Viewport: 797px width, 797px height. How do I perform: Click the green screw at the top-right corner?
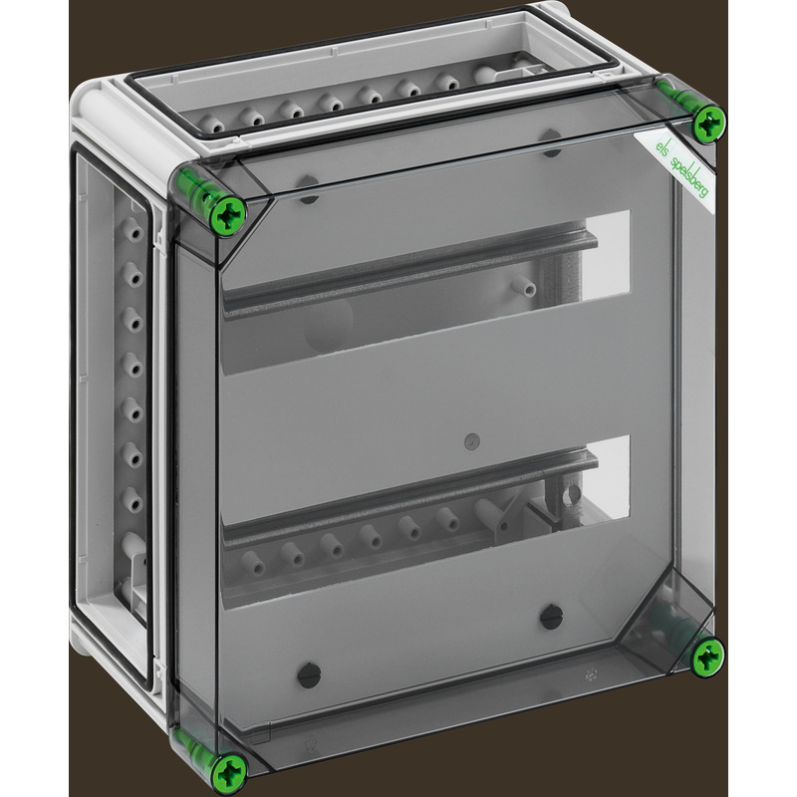710,125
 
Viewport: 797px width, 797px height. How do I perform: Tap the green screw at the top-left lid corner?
228,216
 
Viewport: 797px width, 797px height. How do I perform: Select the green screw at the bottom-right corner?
708,658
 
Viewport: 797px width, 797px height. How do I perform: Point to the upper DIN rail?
409,276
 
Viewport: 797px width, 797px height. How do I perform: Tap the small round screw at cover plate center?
472,441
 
